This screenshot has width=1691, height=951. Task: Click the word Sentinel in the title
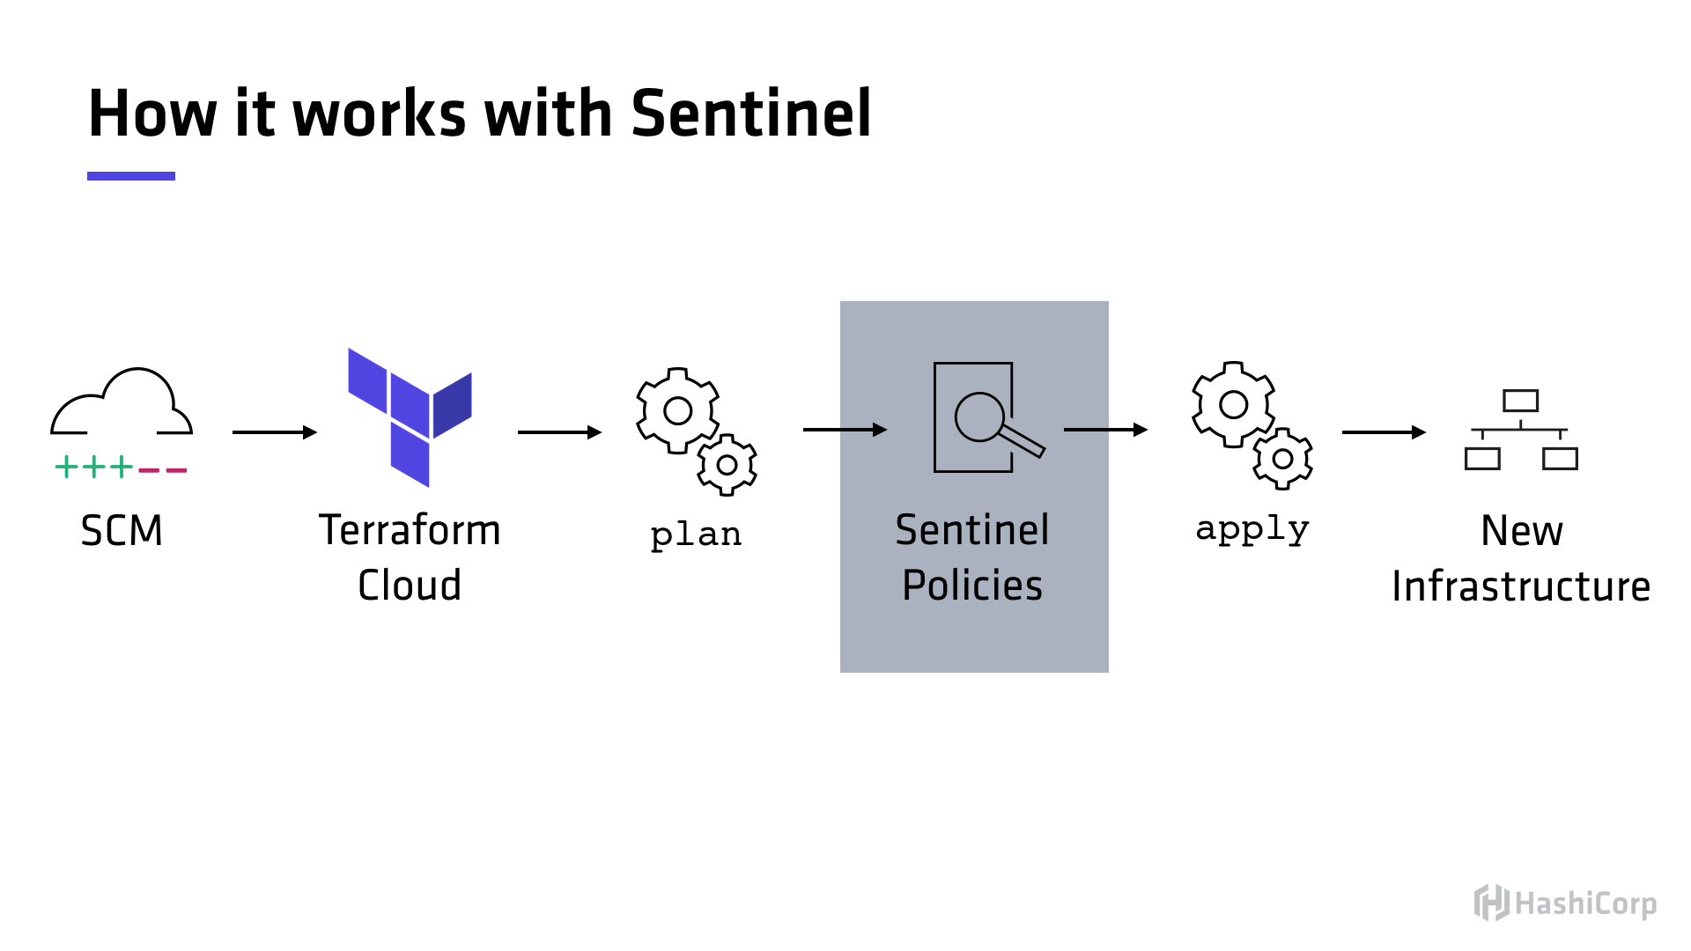(x=750, y=114)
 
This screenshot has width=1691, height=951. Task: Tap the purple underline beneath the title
(x=131, y=176)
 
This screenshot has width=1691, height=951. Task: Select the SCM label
(x=122, y=530)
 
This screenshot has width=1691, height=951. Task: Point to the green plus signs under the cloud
(x=94, y=467)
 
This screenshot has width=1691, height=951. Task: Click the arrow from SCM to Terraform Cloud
(x=274, y=432)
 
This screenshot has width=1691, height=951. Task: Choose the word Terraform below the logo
(x=410, y=530)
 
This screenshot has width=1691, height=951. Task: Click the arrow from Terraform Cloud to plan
(x=559, y=432)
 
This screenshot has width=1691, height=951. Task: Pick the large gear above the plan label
(x=677, y=410)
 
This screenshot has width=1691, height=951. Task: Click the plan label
(x=696, y=534)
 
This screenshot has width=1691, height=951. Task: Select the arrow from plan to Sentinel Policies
(x=845, y=430)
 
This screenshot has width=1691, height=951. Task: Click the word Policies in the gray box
(x=972, y=586)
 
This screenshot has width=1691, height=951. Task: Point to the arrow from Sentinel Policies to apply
(x=1105, y=430)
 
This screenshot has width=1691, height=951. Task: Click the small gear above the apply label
(x=1283, y=459)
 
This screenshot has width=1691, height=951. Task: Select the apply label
(x=1252, y=529)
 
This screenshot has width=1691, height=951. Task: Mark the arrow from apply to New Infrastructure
(x=1384, y=432)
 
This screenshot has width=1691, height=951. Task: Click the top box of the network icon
(x=1521, y=401)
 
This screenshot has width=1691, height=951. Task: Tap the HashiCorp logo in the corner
(x=1565, y=903)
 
